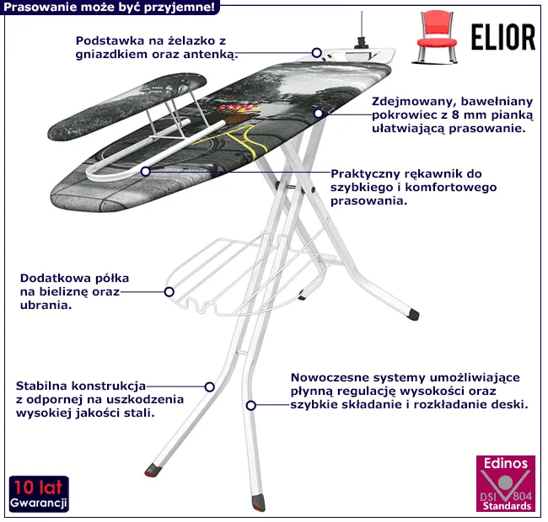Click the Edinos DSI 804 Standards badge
505,484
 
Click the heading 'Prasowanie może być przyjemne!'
109,8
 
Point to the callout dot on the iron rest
317,52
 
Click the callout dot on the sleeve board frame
146,171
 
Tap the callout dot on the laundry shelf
169,293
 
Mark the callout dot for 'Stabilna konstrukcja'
210,387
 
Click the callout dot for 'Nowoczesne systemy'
251,405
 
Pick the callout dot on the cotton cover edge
319,113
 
